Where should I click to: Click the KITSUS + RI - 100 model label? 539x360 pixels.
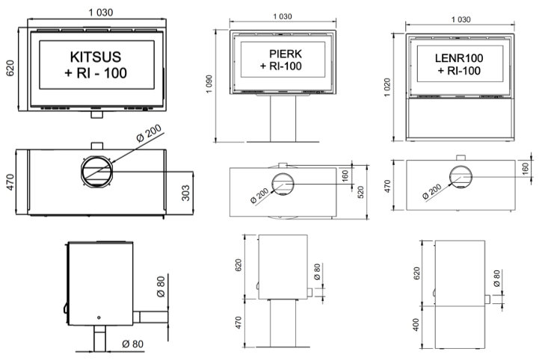click(96, 65)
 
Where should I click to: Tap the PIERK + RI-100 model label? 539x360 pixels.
click(282, 60)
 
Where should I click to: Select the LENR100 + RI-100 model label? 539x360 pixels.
click(459, 64)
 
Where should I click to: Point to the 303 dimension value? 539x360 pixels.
click(185, 193)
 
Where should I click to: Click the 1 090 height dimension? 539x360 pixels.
click(209, 84)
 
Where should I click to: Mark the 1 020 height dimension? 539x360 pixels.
click(387, 87)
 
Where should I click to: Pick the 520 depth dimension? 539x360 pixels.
click(360, 193)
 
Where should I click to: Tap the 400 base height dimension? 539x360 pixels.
click(416, 325)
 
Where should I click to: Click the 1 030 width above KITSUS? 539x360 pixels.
click(101, 13)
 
